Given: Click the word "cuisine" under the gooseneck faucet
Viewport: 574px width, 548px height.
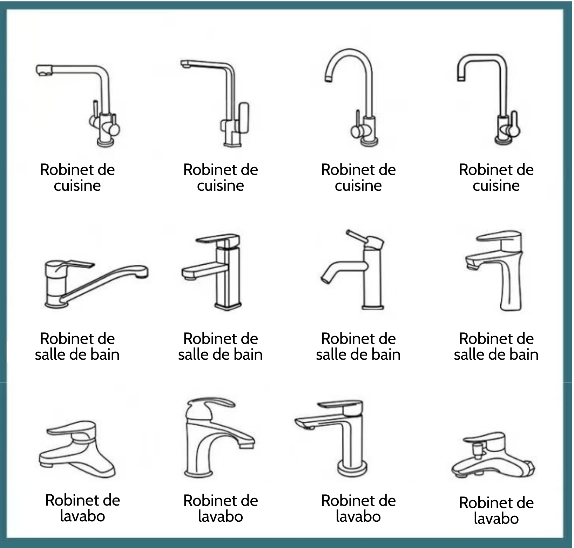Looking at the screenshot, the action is pos(358,186).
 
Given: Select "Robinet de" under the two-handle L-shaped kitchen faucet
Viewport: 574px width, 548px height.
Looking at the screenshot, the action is pos(77,170).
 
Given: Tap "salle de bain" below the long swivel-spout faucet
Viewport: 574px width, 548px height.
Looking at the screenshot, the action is pos(77,354).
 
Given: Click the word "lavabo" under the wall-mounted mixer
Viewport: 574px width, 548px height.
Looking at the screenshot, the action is pos(496,519).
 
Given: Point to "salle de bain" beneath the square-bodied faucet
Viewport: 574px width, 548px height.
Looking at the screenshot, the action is pos(221,354).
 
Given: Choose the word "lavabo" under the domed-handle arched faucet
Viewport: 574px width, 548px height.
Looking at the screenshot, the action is pos(221,516).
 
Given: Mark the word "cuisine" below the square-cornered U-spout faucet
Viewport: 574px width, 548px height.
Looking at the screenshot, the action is pos(496,186).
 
